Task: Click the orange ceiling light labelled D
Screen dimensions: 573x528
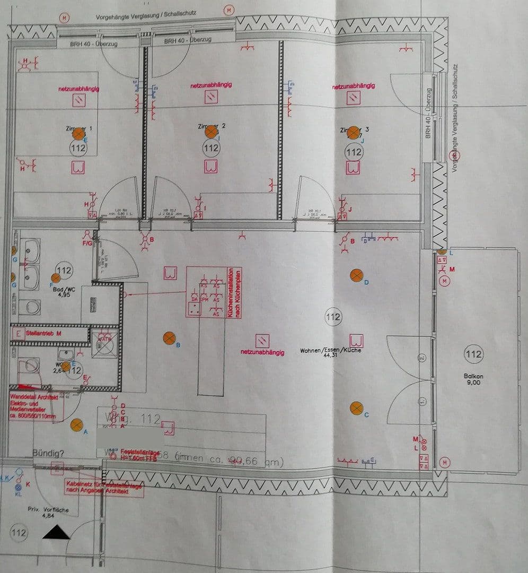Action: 356,275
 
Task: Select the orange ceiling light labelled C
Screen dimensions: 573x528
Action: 356,408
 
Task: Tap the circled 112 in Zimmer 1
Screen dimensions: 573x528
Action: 78,149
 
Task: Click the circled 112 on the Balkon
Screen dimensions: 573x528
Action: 473,354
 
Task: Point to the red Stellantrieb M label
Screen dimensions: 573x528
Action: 43,333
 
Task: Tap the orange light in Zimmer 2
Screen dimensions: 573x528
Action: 211,132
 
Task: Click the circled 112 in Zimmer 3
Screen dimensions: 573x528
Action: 354,152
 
